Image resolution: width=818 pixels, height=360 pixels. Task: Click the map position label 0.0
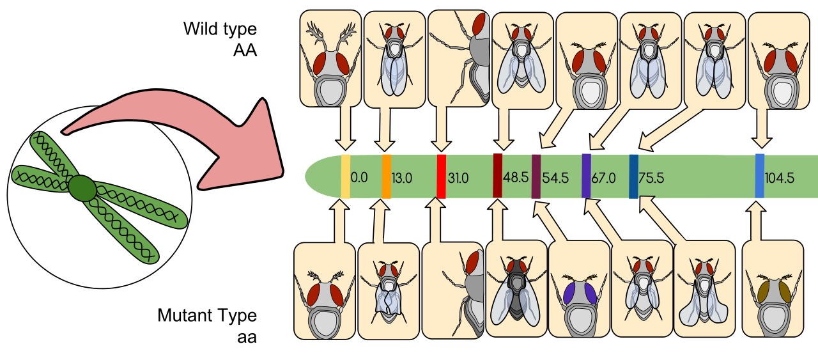click(x=359, y=177)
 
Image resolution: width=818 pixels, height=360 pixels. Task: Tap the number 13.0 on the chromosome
click(x=402, y=178)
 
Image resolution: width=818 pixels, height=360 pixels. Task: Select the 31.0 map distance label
click(x=458, y=178)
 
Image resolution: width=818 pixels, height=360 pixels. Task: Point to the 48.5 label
click(x=516, y=177)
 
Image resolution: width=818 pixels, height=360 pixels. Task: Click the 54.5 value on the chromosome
click(x=555, y=178)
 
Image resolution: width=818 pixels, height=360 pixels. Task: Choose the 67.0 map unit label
click(x=603, y=178)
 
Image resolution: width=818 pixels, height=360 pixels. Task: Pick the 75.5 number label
click(x=651, y=178)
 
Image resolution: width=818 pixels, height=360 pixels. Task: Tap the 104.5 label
click(x=779, y=178)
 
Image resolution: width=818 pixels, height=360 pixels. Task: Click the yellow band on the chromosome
click(x=345, y=176)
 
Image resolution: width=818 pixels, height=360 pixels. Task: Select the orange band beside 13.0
click(x=387, y=176)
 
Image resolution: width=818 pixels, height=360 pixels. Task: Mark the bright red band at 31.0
click(x=441, y=176)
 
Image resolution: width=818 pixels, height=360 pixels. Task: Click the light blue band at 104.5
click(x=759, y=176)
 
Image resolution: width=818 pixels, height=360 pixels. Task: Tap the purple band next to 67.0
click(x=586, y=176)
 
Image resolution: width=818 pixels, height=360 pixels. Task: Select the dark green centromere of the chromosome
click(x=82, y=188)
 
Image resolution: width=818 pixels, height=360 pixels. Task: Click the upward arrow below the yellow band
click(x=340, y=221)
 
